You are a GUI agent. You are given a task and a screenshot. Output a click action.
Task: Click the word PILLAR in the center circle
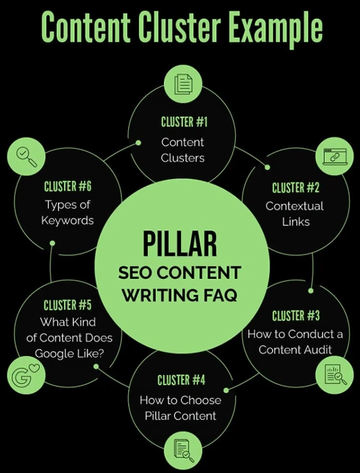click(x=180, y=243)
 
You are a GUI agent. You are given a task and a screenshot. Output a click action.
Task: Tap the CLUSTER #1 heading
click(x=184, y=122)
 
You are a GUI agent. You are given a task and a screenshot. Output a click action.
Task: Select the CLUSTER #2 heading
click(x=295, y=188)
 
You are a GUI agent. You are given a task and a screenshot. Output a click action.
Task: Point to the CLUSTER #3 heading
click(x=296, y=316)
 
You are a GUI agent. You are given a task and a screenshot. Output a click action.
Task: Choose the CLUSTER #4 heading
click(x=181, y=380)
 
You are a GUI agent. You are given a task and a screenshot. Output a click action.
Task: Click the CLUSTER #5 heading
click(x=68, y=305)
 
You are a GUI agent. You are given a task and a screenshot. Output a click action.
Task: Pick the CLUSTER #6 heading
click(x=68, y=186)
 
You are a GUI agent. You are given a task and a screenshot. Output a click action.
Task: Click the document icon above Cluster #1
click(x=183, y=84)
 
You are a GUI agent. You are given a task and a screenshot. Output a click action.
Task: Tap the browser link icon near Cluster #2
click(x=334, y=156)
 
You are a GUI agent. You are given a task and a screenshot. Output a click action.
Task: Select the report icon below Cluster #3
click(x=335, y=375)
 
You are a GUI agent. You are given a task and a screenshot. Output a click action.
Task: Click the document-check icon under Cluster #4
click(x=184, y=451)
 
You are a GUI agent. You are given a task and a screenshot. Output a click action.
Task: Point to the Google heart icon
click(x=26, y=374)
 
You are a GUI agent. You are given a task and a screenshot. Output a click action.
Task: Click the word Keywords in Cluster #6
click(x=68, y=220)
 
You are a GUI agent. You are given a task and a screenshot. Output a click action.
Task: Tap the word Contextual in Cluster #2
click(x=294, y=206)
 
